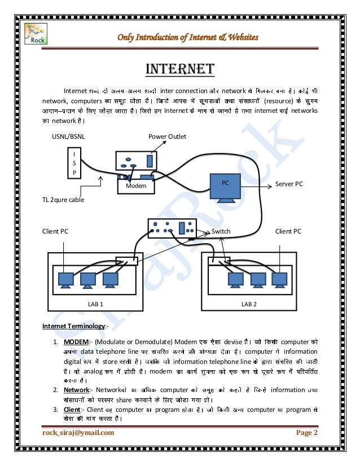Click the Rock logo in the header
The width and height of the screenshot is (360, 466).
point(38,33)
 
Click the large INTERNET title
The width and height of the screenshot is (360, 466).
point(180,69)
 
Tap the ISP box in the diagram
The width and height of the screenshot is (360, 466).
point(73,164)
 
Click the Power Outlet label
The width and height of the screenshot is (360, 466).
point(167,137)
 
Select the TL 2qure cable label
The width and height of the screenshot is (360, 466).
point(63,199)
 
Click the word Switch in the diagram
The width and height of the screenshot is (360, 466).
point(221,231)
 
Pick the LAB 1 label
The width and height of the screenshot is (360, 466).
point(96,304)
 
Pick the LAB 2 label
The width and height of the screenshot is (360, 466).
point(249,304)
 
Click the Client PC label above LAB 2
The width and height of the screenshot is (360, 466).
point(288,231)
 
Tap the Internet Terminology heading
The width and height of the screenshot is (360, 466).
point(73,326)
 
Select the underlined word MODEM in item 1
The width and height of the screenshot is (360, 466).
point(74,341)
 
